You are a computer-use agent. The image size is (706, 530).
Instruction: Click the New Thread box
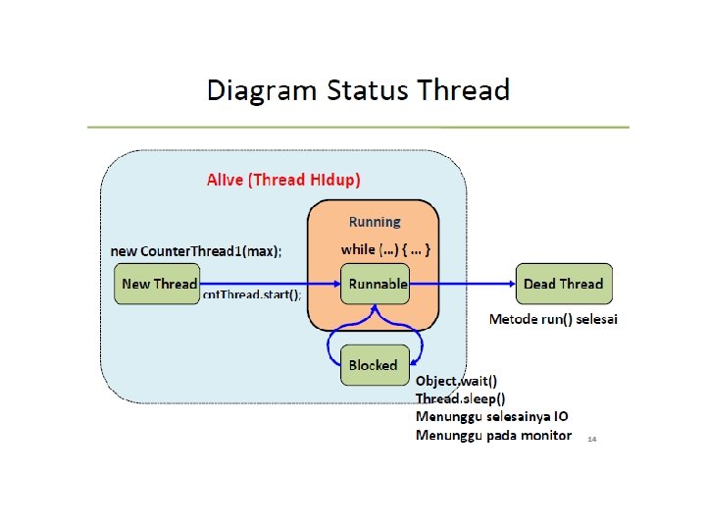tap(159, 284)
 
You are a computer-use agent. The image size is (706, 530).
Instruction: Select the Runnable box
tap(378, 284)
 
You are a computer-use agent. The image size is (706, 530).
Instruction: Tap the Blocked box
tap(373, 365)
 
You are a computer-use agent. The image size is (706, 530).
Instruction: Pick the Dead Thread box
tap(564, 284)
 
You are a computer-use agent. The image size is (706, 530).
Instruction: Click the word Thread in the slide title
tap(463, 91)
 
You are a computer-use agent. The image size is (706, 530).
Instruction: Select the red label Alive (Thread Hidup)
tap(283, 180)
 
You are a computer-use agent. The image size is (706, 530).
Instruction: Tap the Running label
tap(375, 222)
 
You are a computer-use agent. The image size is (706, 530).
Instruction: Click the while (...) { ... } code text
tap(385, 249)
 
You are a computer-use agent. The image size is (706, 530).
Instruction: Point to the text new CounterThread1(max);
tap(196, 251)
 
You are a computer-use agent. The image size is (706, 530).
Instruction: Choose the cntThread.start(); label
tap(252, 294)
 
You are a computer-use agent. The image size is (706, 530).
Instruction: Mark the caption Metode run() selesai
tap(553, 319)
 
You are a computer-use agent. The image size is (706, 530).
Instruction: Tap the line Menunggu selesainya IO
tap(491, 416)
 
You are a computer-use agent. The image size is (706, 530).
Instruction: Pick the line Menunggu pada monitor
tap(493, 435)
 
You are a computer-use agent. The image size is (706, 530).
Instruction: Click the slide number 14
tap(591, 440)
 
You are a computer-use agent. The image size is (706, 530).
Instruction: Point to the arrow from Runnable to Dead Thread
tap(461, 284)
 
